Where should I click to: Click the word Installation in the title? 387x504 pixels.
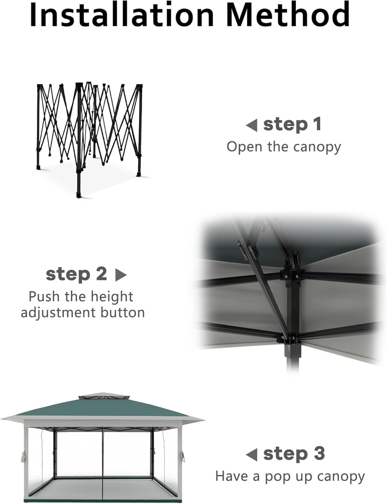coord(122,14)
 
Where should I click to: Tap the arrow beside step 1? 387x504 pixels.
coord(251,125)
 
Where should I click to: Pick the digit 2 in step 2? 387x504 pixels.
coord(101,274)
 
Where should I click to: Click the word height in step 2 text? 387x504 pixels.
coord(112,297)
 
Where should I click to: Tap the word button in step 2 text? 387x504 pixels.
coord(123,312)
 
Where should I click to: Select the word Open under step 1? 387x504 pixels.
coord(245,148)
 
